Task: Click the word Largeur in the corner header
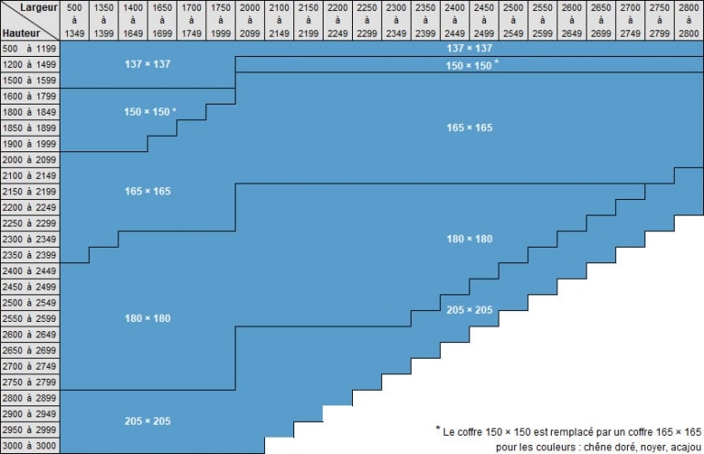38,7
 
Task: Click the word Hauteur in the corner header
21,33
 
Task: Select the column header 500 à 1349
74,20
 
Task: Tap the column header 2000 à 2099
249,20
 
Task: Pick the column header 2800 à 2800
688,20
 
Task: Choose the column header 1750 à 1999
220,20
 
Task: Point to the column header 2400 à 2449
455,20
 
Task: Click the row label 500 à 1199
29,49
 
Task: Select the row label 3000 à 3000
29,446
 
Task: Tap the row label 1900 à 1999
29,144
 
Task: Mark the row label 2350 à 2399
29,255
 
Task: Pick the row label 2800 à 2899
29,398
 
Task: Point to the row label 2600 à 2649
29,335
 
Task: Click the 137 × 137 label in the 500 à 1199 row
469,48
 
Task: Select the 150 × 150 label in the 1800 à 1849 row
147,112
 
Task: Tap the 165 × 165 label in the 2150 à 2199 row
148,192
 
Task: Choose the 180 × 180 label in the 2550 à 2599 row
148,318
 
